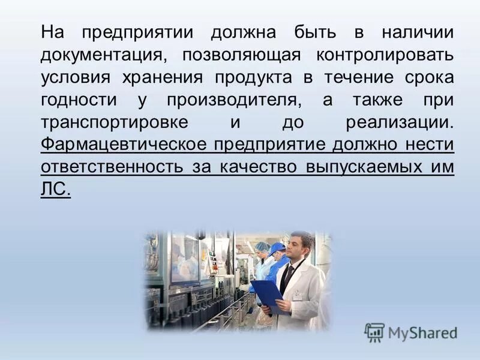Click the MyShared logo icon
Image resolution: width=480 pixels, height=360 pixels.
[x=374, y=332]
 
